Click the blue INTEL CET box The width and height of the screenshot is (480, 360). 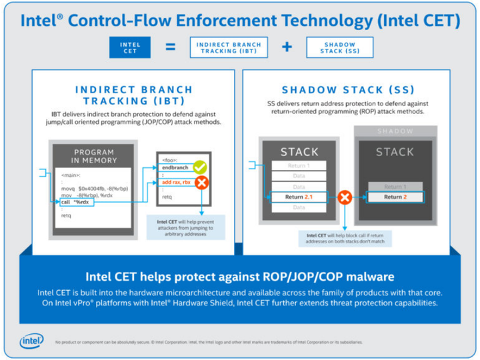[130, 47]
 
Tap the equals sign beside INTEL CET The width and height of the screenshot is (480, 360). [170, 47]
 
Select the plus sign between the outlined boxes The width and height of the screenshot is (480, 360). [287, 47]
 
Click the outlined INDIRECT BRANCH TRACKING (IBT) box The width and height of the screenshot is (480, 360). [229, 47]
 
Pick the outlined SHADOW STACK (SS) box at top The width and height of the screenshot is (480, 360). [340, 47]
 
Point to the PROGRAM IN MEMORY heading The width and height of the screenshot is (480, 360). [95, 156]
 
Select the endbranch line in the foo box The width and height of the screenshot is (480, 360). [175, 167]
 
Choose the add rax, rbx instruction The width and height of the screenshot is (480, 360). [177, 181]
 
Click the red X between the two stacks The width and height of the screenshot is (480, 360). [345, 197]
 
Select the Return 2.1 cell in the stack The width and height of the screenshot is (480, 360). [299, 197]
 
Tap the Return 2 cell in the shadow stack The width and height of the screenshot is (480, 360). [395, 197]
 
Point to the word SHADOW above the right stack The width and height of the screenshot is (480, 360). [395, 131]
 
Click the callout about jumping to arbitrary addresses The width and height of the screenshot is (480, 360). [186, 227]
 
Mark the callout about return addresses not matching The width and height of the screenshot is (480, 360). [344, 238]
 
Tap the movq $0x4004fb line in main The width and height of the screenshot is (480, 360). [93, 189]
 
